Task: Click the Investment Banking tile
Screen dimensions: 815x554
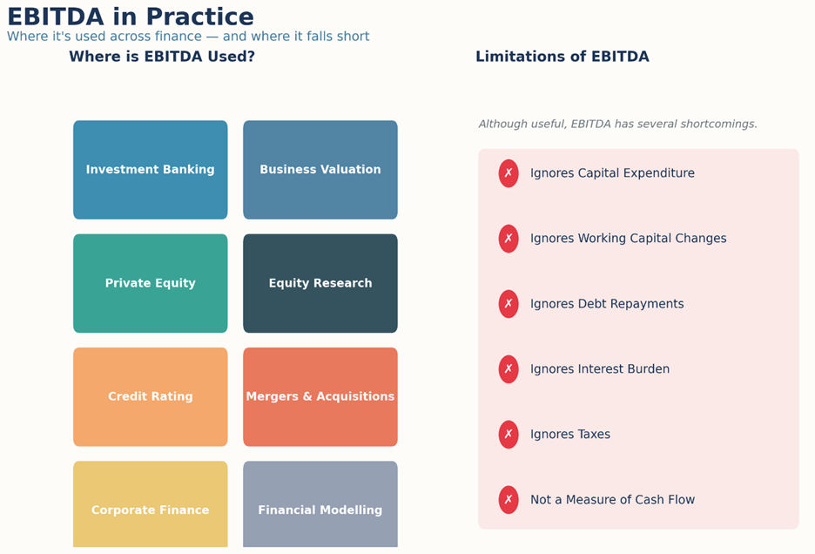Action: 151,170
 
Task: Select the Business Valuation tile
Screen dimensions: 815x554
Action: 320,170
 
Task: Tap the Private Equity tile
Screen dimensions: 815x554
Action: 151,283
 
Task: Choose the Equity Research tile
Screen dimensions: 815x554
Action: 320,283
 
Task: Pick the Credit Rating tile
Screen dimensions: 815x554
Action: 151,396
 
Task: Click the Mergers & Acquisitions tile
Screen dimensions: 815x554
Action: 320,396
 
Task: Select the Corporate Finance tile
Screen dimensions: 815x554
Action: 151,504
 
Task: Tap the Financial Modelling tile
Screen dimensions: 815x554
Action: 320,504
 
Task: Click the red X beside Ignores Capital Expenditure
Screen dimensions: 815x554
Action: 509,173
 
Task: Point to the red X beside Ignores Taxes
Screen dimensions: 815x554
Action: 509,435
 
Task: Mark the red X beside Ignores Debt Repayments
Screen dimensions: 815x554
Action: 509,304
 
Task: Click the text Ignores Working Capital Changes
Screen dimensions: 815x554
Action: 628,239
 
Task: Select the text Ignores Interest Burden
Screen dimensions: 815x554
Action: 600,368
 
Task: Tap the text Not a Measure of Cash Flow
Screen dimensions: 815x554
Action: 612,499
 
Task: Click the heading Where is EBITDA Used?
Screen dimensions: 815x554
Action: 162,56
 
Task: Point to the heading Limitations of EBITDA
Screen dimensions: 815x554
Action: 562,56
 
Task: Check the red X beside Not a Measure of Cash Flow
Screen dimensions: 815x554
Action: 509,499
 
